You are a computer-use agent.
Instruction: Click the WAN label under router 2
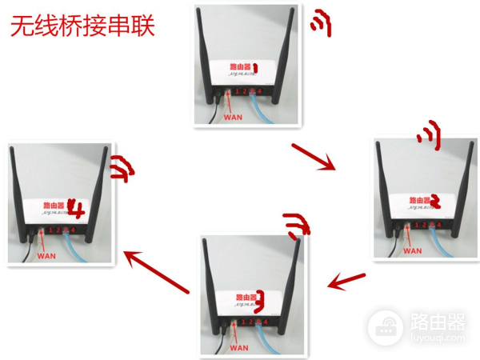pyautogui.click(x=411, y=250)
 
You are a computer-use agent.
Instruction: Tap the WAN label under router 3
pyautogui.click(x=238, y=348)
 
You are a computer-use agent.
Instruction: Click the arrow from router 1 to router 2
pyautogui.click(x=313, y=157)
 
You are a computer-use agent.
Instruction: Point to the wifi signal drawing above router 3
pyautogui.click(x=298, y=226)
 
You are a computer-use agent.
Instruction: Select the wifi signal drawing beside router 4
pyautogui.click(x=123, y=168)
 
